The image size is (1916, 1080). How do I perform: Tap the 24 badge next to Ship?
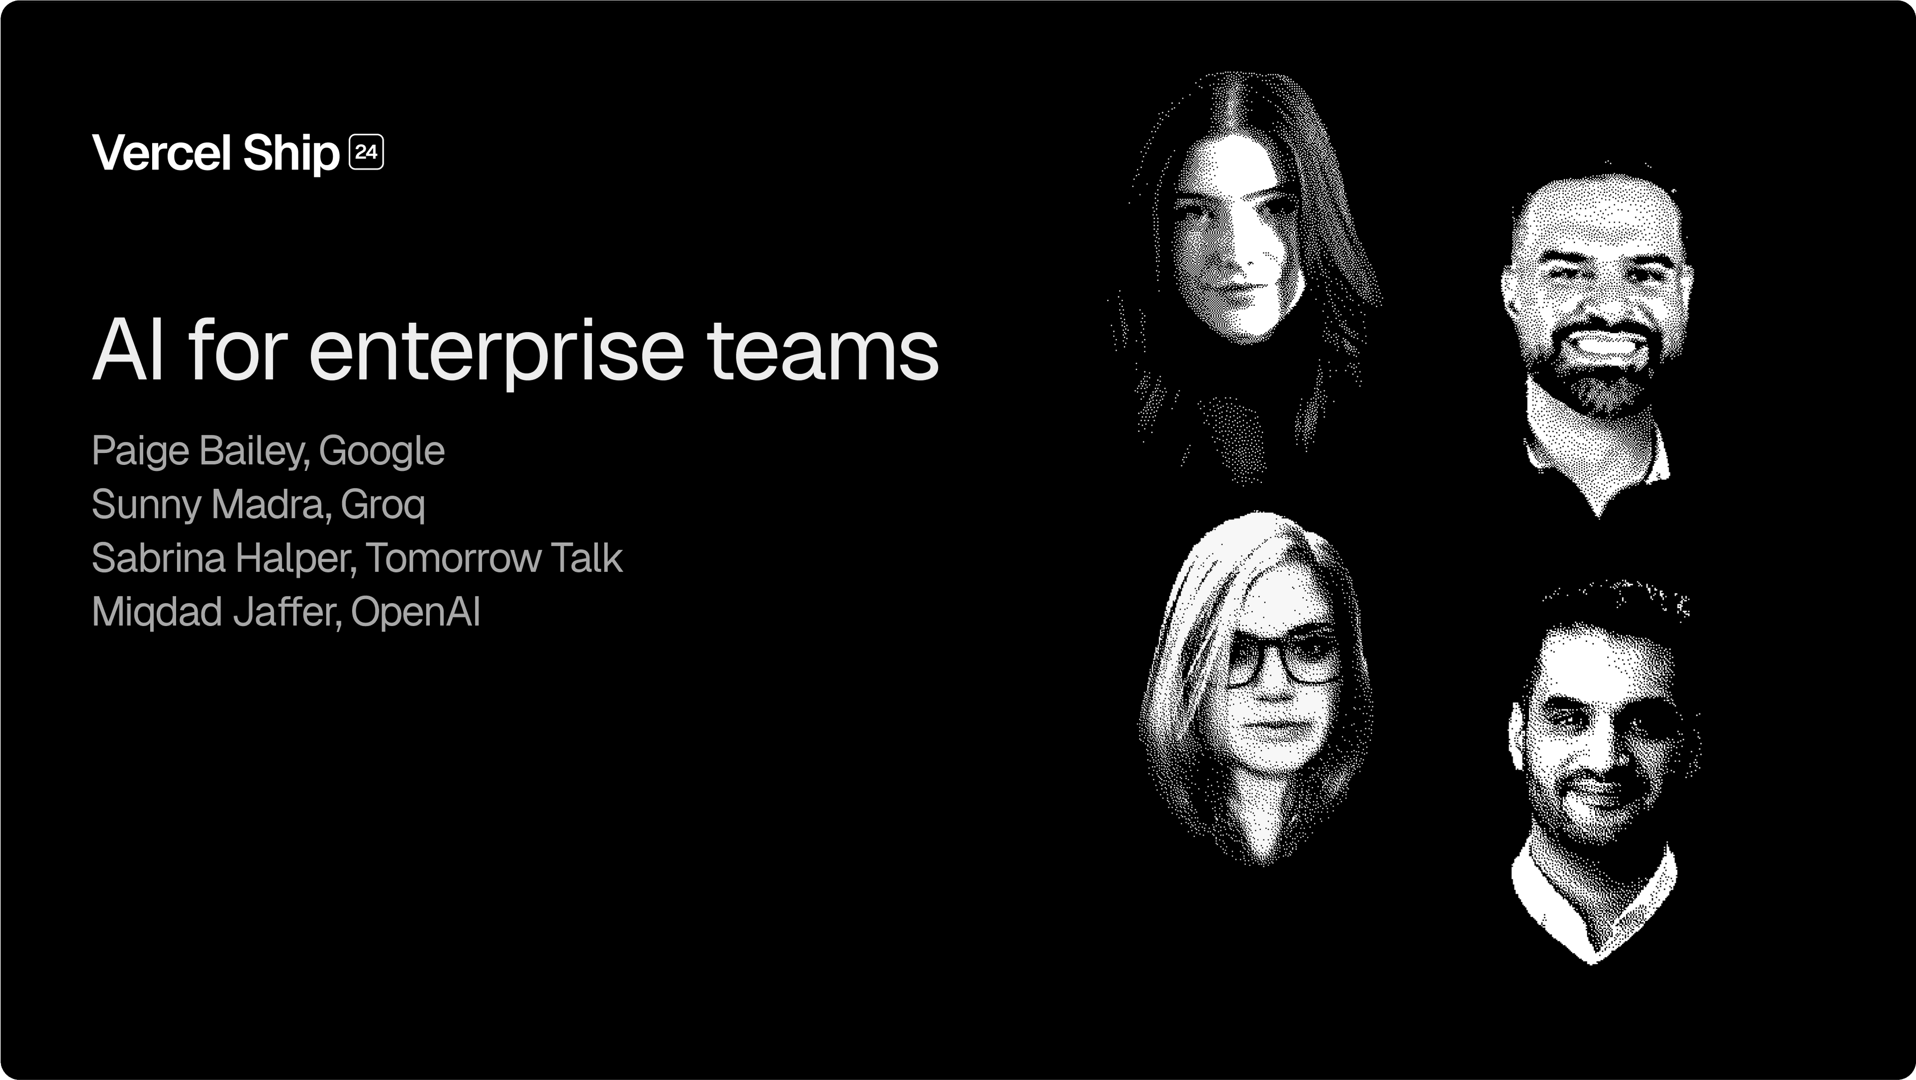coord(366,153)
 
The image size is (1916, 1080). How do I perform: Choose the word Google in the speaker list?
coord(382,451)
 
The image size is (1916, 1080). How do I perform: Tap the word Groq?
coord(382,505)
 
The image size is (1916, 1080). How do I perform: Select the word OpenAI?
coord(415,612)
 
